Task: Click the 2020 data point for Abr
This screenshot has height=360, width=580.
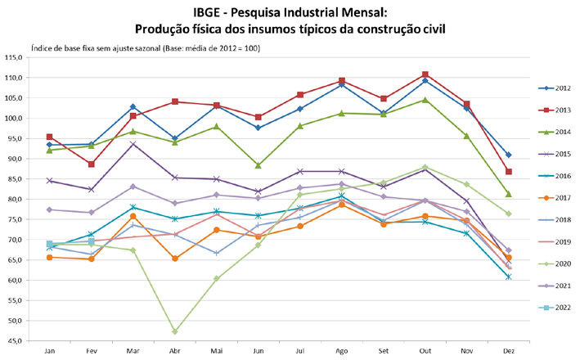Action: pyautogui.click(x=175, y=331)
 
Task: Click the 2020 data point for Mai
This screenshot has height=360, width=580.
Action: pyautogui.click(x=217, y=278)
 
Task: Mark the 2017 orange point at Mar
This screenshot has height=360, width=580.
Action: pyautogui.click(x=133, y=216)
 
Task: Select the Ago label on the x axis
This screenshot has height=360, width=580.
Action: pyautogui.click(x=342, y=352)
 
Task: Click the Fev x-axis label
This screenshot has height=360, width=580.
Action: pyautogui.click(x=92, y=352)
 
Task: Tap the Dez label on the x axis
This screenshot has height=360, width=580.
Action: pyautogui.click(x=509, y=352)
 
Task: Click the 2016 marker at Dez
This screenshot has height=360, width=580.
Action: pyautogui.click(x=509, y=277)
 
